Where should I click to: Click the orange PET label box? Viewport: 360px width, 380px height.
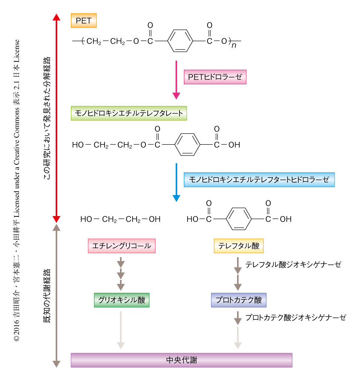[83, 21]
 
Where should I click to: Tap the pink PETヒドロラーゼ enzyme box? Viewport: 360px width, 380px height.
[215, 77]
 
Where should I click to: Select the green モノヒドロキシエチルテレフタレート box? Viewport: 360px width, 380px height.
[129, 113]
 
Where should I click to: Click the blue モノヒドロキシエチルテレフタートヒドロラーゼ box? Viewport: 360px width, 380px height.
[259, 180]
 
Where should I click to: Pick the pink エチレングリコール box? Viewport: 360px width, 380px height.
[121, 246]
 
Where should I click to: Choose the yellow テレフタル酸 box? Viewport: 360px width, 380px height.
[239, 246]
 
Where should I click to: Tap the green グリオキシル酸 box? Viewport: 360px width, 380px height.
[121, 300]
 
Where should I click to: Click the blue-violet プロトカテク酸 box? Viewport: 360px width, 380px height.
[239, 300]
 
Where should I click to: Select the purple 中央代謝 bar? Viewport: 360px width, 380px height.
[181, 360]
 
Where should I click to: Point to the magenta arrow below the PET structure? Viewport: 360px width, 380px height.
[176, 80]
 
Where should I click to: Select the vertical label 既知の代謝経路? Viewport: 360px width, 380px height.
[47, 296]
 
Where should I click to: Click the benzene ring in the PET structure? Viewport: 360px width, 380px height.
[180, 41]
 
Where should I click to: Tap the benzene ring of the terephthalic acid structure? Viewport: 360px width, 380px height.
[239, 219]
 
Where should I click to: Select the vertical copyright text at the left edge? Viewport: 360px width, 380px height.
[17, 190]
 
